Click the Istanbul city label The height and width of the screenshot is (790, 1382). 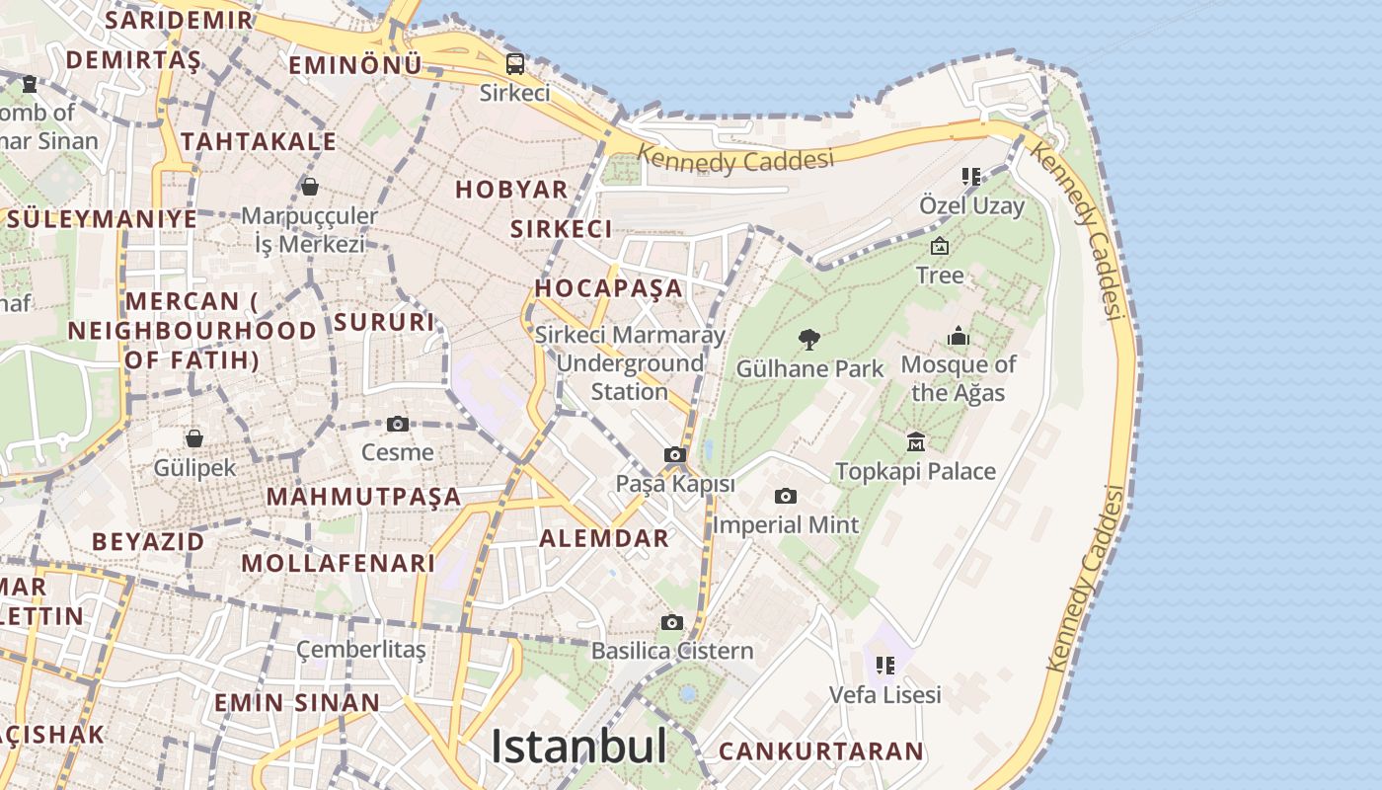click(x=578, y=746)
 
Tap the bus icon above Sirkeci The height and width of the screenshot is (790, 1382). click(x=515, y=64)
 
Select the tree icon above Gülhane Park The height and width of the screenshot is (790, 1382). click(x=809, y=340)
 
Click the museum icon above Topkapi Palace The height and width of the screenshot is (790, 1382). click(x=915, y=441)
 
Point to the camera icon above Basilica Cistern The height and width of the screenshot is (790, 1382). click(x=672, y=622)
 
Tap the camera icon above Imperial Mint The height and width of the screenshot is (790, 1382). click(x=786, y=496)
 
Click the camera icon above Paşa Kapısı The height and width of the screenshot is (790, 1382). click(x=675, y=455)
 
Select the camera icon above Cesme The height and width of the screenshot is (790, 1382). click(x=398, y=425)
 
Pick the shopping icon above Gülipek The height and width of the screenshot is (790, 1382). click(x=194, y=438)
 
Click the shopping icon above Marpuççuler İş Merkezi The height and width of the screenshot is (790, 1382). click(x=310, y=187)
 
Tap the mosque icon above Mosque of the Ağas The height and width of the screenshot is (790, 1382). click(x=959, y=337)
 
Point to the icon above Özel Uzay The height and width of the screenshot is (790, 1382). click(x=971, y=177)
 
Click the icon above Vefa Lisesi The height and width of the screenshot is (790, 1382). click(x=885, y=666)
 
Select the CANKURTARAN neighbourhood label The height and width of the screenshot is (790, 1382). click(x=820, y=751)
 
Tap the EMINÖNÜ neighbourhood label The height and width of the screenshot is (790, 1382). click(x=355, y=65)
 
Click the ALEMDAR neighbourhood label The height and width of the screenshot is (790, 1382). click(x=604, y=538)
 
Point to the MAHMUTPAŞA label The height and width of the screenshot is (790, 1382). click(x=364, y=496)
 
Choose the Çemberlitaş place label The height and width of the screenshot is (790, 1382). click(x=361, y=650)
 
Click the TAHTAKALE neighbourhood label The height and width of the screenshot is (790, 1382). click(x=259, y=141)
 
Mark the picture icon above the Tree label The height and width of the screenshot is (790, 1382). click(x=940, y=246)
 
